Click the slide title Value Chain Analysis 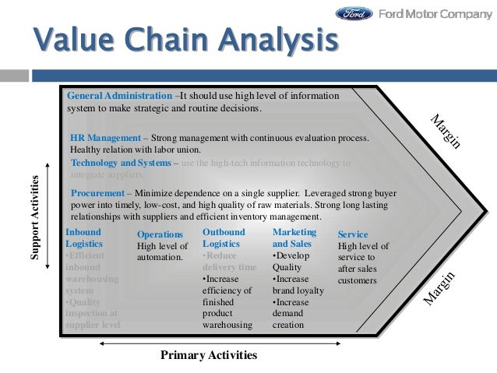coord(185,40)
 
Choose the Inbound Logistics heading coord(83,238)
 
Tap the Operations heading coord(160,234)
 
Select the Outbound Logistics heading coord(224,238)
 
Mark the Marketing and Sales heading coord(294,238)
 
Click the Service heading coord(353,234)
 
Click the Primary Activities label coord(208,355)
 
